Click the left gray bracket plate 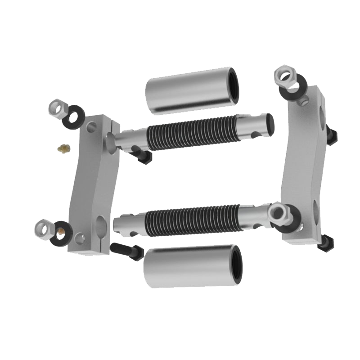(x=92, y=184)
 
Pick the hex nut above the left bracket (x=57, y=108)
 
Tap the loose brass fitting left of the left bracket (x=64, y=148)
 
